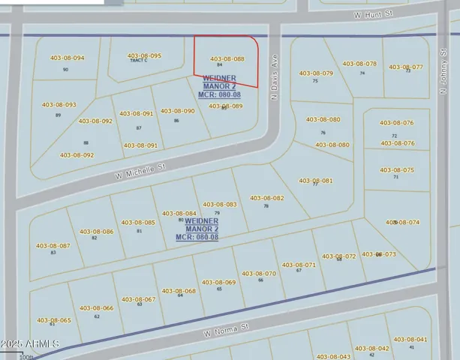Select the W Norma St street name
click(226, 328)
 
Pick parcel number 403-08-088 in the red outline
click(227, 58)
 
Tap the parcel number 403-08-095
click(144, 55)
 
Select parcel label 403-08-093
click(59, 105)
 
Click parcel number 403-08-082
click(266, 198)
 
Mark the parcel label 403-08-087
click(53, 245)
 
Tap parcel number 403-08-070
click(259, 274)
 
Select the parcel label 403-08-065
click(53, 320)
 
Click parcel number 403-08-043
click(333, 356)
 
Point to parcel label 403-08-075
click(396, 170)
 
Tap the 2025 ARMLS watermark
click(30, 344)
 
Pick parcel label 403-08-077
click(406, 67)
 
